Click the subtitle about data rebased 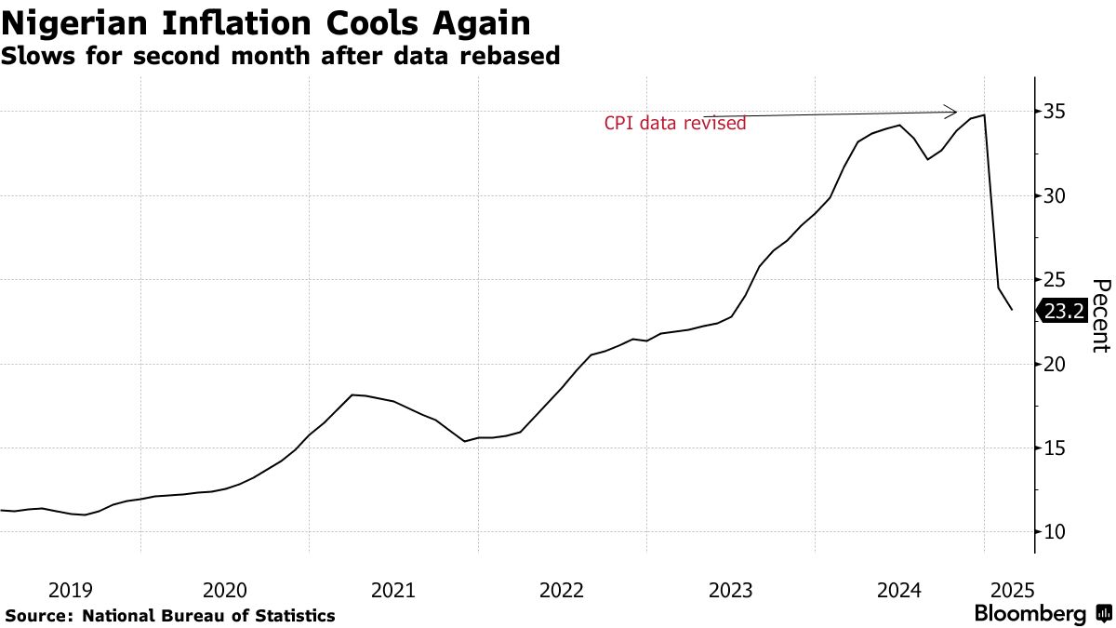click(x=280, y=56)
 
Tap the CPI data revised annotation click(x=675, y=123)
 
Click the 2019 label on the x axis click(x=70, y=590)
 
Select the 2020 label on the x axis click(x=224, y=590)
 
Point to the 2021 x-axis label click(x=392, y=590)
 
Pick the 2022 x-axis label click(x=561, y=590)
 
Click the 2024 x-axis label click(x=899, y=590)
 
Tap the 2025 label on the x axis click(x=1011, y=590)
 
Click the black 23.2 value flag click(x=1062, y=313)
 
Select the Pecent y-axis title click(x=1100, y=315)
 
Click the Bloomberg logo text click(x=1030, y=614)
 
